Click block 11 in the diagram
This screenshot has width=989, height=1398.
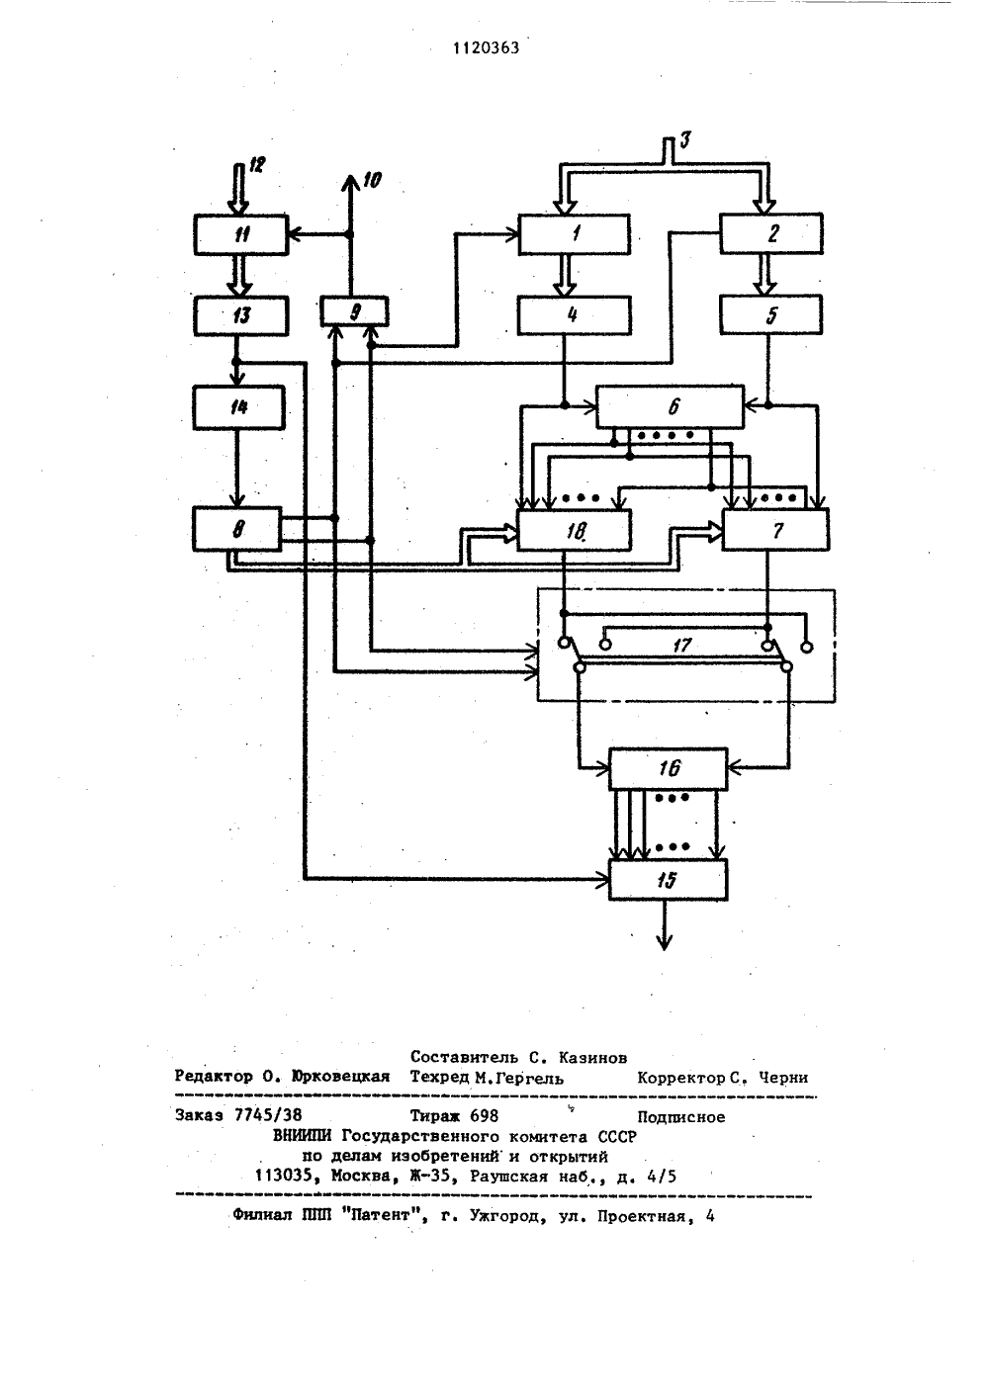click(x=241, y=234)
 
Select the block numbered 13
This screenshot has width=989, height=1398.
click(x=241, y=315)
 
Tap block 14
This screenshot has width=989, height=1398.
click(x=239, y=407)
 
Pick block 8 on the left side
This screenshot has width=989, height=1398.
click(x=237, y=529)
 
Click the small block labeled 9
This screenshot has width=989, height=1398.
click(x=355, y=311)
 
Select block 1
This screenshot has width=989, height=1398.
click(x=574, y=234)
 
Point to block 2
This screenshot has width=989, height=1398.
click(x=771, y=233)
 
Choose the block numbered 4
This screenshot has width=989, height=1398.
click(x=574, y=315)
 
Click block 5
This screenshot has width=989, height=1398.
click(x=771, y=314)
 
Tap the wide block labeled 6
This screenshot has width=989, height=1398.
click(x=670, y=407)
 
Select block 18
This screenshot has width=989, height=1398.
click(x=574, y=531)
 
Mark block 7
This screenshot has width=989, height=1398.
click(x=776, y=530)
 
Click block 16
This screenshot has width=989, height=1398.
click(x=669, y=768)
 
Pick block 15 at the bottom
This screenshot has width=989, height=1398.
click(x=669, y=880)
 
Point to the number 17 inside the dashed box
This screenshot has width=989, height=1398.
click(x=681, y=645)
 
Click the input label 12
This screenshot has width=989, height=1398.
click(x=256, y=165)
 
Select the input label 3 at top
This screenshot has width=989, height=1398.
click(x=685, y=139)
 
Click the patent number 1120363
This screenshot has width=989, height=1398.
click(x=486, y=48)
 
